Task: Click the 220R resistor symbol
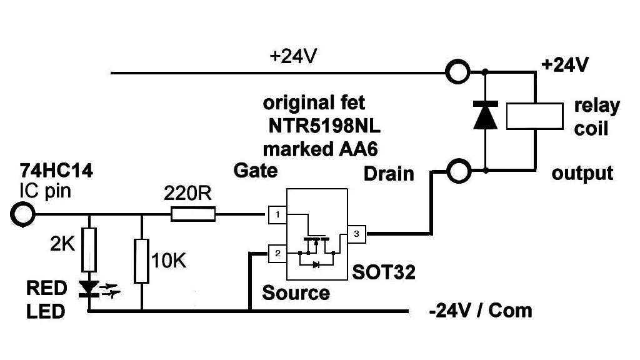coord(193,215)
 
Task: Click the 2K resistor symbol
coord(89,248)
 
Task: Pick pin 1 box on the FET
coord(276,215)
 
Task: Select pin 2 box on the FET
coord(276,253)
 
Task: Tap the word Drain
coord(389,173)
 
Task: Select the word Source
coord(296,292)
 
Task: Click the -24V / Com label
coord(481,310)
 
